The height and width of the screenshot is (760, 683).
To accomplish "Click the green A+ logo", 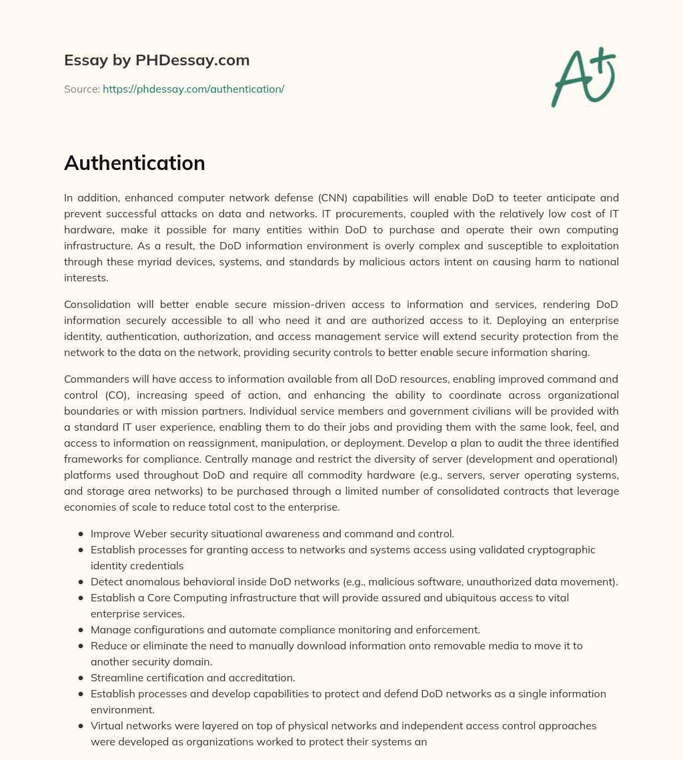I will coord(583,77).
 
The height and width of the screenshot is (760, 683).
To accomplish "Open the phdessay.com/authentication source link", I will coord(193,89).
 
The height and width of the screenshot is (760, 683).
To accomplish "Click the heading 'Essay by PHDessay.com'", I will coord(157,60).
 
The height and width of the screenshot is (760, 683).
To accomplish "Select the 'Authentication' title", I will coord(134,163).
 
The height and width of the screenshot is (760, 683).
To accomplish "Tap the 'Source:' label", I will coord(81,89).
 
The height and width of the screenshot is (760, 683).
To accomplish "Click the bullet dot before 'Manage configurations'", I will coord(81,629).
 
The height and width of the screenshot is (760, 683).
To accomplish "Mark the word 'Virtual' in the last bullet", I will coord(107,725).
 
